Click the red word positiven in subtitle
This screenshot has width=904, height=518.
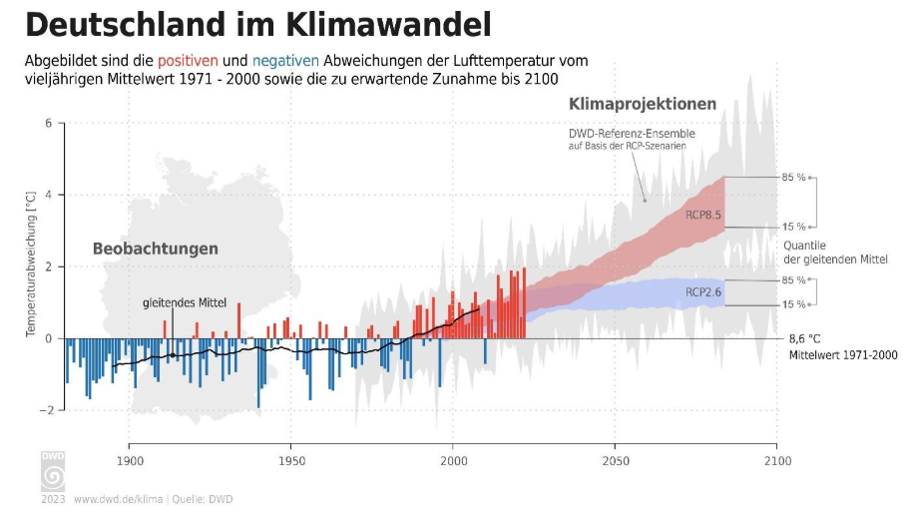coord(215,61)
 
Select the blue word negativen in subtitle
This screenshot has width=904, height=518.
coord(286,61)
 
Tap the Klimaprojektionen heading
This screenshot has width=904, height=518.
coord(643,104)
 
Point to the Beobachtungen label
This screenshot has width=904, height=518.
coord(155,249)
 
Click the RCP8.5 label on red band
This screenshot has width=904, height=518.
coord(703,214)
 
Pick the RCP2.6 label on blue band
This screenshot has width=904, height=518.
coord(703,292)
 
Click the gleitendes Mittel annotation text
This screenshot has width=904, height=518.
coord(185,302)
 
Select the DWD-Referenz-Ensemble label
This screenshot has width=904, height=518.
coord(632,134)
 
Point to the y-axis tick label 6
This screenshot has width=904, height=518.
coord(47,124)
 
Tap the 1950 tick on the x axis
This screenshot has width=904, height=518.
coord(290,461)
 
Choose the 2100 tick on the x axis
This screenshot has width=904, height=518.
coord(777,461)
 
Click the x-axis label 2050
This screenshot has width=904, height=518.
coord(615,461)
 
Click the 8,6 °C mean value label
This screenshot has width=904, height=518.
coord(805,338)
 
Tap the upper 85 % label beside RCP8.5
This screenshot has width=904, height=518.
coord(794,178)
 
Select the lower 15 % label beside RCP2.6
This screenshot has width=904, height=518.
coord(794,304)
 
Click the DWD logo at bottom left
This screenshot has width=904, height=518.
coord(52,471)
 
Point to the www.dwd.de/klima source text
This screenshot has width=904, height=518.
coord(120,498)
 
